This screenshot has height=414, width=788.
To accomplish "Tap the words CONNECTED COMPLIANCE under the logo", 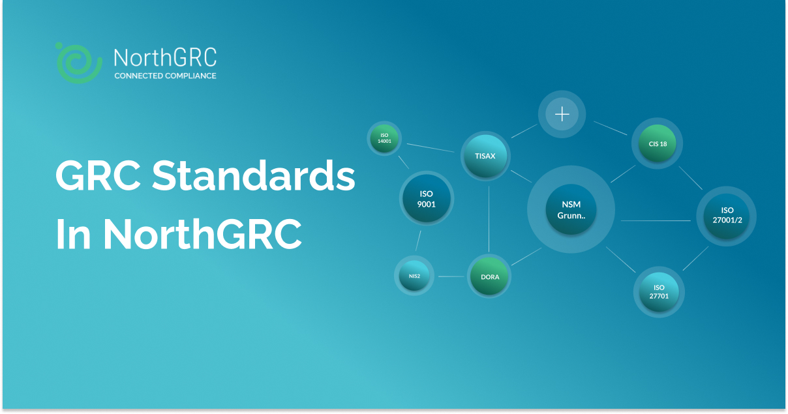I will (165, 76).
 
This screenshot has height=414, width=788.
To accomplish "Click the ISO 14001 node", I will (384, 138).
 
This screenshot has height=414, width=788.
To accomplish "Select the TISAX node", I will (485, 156).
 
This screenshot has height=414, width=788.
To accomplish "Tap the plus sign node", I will (562, 115).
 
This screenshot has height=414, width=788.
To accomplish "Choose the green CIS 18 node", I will (658, 143).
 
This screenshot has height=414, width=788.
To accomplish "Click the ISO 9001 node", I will (427, 199).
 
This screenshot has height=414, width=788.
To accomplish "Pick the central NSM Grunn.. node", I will (571, 209).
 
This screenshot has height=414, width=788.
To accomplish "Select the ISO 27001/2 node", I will (727, 215).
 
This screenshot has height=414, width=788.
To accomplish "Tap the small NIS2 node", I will (414, 276).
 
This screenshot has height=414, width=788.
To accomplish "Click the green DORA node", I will (490, 277).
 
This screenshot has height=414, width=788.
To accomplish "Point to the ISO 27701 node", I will (659, 291).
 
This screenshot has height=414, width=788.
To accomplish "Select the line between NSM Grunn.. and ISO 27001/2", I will (655, 221).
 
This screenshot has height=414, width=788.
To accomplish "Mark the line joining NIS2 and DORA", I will (451, 277).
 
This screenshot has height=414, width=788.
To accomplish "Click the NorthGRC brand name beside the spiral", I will (165, 59).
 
